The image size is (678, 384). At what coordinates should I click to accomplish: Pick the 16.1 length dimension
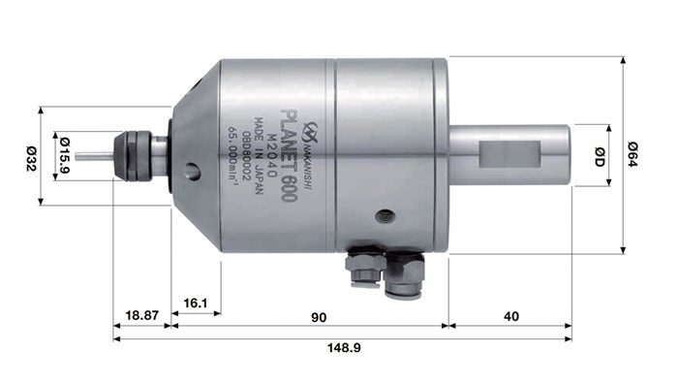[197, 304]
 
